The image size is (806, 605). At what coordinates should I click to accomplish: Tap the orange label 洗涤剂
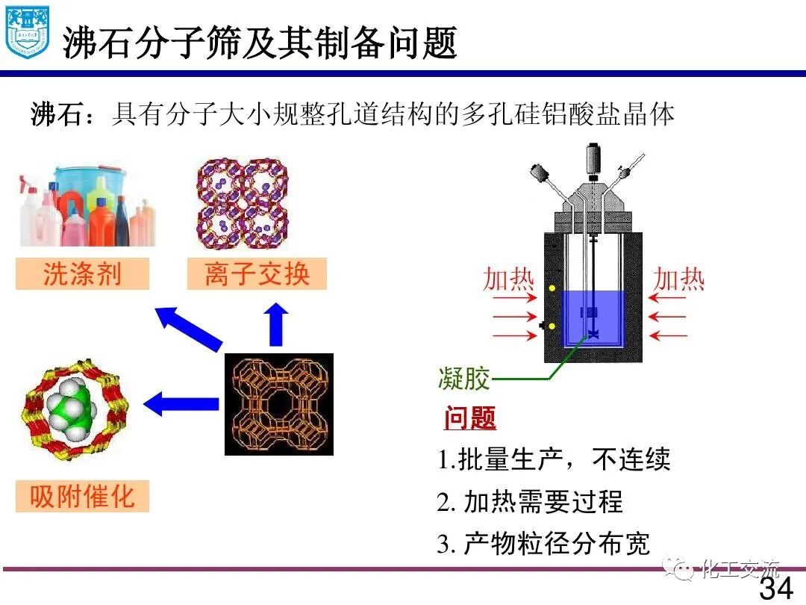coord(82,274)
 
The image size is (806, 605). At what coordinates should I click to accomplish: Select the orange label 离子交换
coord(257,274)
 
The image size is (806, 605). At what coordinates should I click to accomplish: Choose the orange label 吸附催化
coord(82,497)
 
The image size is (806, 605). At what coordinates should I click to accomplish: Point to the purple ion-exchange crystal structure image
coord(243,203)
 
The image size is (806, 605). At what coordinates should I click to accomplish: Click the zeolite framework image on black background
coord(278,404)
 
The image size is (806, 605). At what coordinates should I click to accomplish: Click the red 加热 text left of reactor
coord(509,279)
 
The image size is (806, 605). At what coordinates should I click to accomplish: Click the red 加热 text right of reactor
coord(679,279)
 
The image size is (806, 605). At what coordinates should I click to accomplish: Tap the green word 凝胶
coord(463,379)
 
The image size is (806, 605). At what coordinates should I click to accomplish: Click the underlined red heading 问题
coord(470,418)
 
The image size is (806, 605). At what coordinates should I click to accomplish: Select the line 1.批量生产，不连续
coord(554,459)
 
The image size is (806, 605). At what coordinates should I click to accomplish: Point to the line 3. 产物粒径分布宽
coord(543,543)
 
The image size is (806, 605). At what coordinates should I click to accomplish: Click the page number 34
coord(776,589)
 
